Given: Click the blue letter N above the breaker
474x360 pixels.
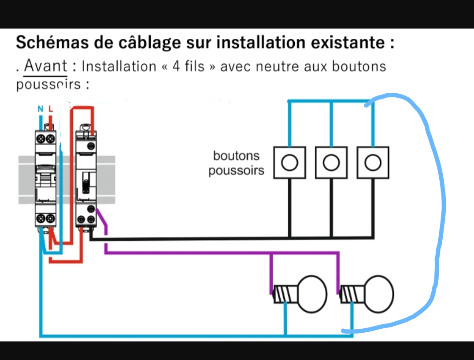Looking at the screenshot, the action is (x=41, y=109).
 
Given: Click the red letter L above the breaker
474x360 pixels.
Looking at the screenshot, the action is (x=51, y=109).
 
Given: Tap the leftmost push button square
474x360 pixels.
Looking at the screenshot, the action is (x=289, y=162).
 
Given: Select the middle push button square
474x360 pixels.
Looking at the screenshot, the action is (x=331, y=162).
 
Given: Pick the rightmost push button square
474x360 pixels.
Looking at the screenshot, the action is (x=373, y=162).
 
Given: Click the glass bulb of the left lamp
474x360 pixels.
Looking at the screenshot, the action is (x=312, y=294).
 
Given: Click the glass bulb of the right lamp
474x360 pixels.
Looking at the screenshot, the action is (x=379, y=294).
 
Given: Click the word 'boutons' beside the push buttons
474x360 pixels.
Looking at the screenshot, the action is (x=236, y=156).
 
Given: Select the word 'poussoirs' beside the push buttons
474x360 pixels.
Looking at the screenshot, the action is (x=236, y=171).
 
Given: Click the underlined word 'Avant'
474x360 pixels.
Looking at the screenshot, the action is (x=46, y=66).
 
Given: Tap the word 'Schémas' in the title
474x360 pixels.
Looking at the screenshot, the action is (x=52, y=42).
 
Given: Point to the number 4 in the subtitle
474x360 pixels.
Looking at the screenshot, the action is (x=176, y=66).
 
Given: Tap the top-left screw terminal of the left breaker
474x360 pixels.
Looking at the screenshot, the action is (x=41, y=139).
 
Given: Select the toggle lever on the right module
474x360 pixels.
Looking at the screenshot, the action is (x=86, y=182).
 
